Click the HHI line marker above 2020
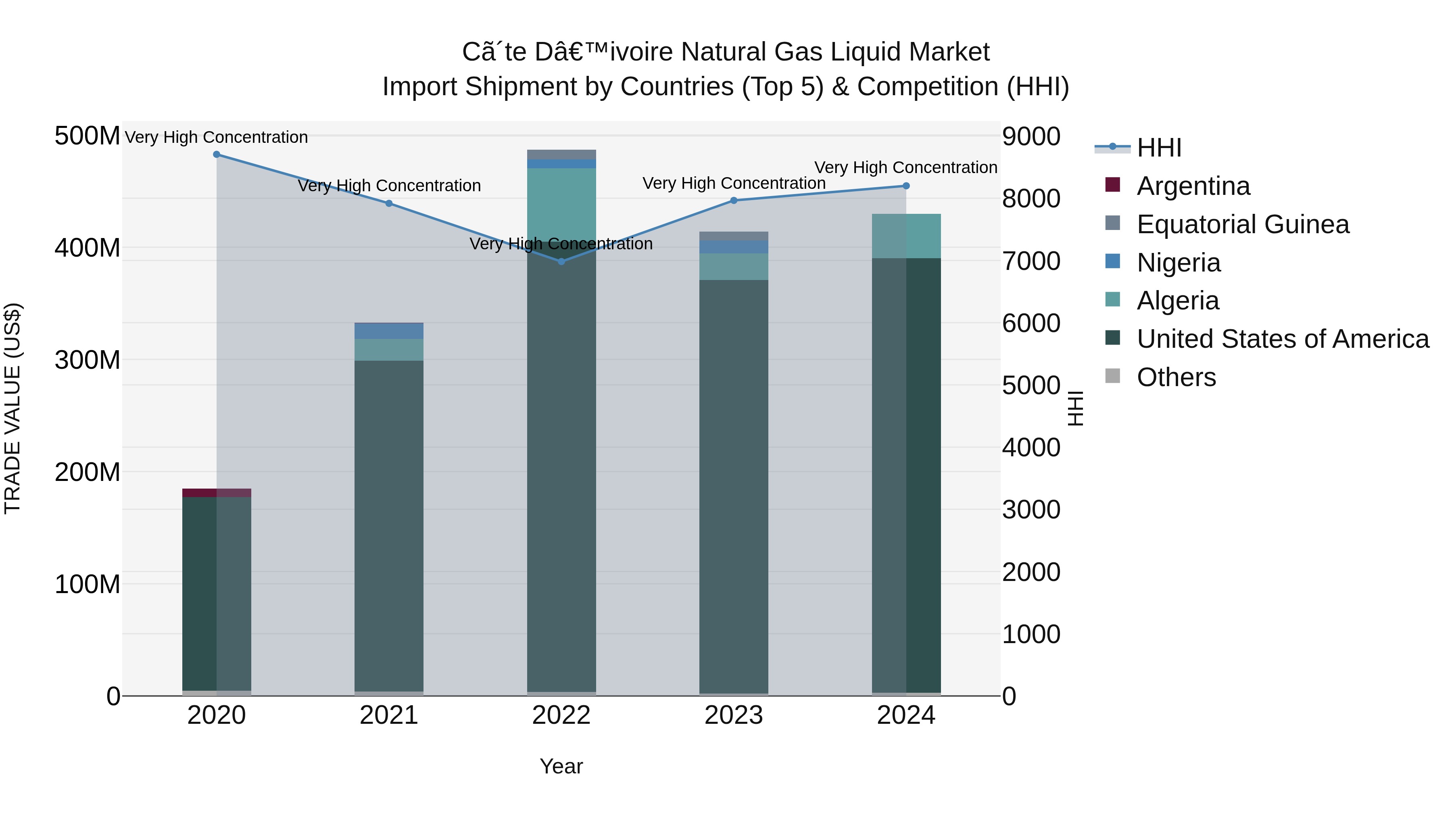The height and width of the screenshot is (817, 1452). (x=217, y=155)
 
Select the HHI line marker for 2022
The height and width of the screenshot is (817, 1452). (x=561, y=261)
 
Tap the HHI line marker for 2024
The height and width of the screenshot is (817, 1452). (x=906, y=186)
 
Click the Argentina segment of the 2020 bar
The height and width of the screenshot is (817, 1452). (x=217, y=493)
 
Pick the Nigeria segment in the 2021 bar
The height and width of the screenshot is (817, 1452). (x=389, y=331)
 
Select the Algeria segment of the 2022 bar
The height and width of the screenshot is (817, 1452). (x=561, y=203)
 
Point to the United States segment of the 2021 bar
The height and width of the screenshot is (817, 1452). (x=389, y=524)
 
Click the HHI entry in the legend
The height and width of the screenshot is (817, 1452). (x=1158, y=148)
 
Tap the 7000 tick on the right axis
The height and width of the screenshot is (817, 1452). (x=1031, y=261)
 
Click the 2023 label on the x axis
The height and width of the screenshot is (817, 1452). (x=733, y=715)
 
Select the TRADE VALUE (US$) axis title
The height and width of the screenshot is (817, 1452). (x=13, y=408)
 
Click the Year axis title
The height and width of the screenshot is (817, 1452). (x=561, y=766)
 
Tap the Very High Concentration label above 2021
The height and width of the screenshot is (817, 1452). (x=389, y=186)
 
